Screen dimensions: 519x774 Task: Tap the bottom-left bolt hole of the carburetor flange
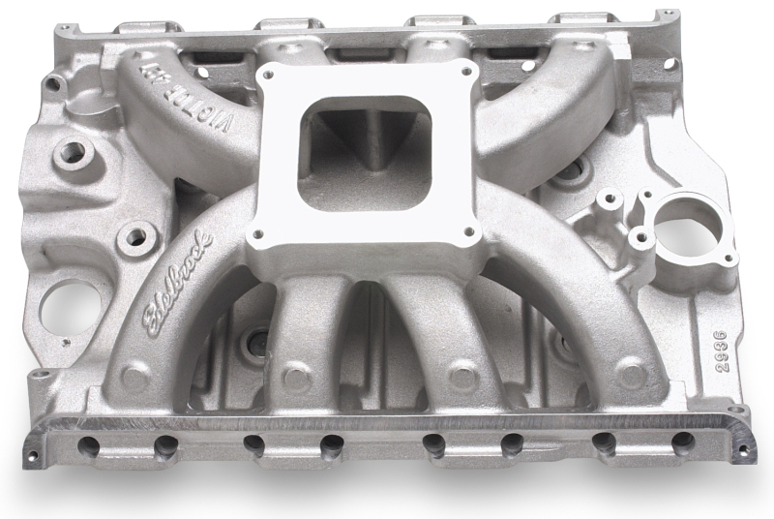256,233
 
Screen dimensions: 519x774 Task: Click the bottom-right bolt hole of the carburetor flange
470,231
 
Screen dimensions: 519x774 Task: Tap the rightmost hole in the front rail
682,443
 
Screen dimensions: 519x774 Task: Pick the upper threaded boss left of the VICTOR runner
71,151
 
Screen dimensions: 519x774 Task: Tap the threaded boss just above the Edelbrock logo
135,235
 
